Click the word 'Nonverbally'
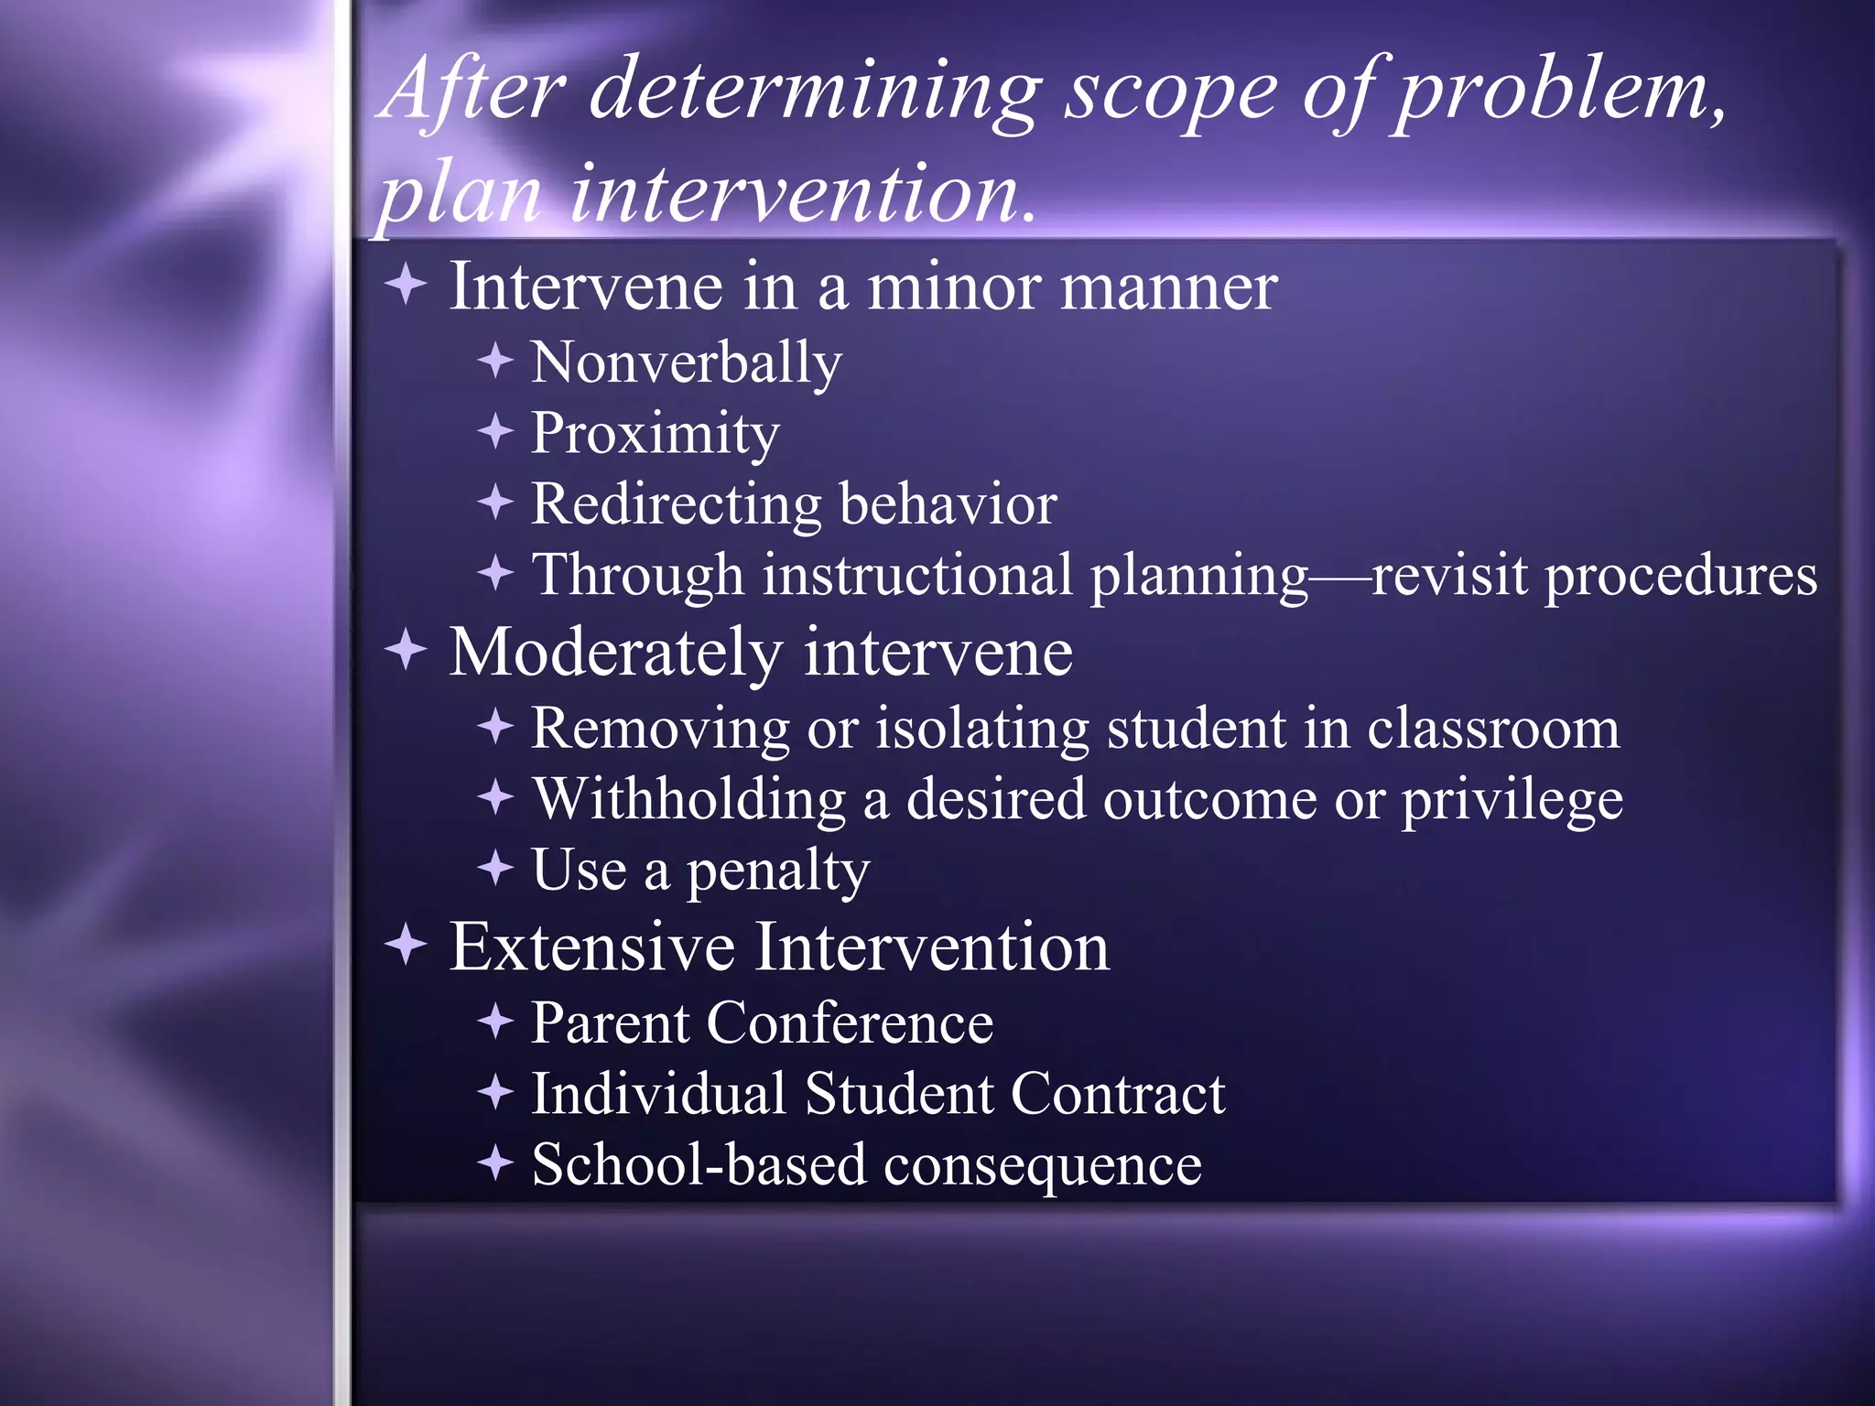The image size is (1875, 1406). pos(687,363)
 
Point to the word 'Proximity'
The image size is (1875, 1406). pos(656,433)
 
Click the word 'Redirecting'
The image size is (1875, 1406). pos(677,504)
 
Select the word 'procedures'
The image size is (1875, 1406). pos(1681,577)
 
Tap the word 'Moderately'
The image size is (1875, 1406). pos(615,654)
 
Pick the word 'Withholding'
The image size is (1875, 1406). pos(689,799)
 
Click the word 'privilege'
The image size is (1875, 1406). pos(1512,801)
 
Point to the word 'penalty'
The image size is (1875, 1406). pos(777,871)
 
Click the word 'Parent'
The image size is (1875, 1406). pos(609,1022)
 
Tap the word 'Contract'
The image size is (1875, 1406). pos(1118,1094)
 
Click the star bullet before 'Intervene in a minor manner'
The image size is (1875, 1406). pos(406,287)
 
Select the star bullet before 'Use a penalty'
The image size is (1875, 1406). pos(495,868)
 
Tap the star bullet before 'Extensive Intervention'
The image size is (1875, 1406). pos(406,946)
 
